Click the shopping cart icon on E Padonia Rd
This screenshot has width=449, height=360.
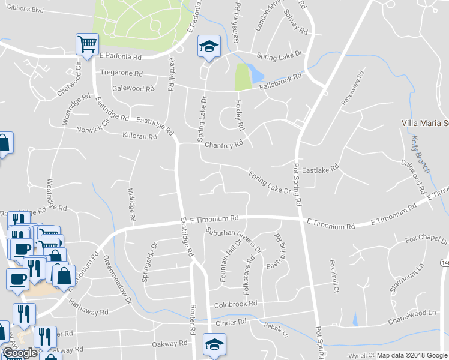pyautogui.click(x=87, y=44)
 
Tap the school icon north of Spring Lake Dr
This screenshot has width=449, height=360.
pyautogui.click(x=209, y=46)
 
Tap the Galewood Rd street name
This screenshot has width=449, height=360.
pyautogui.click(x=133, y=88)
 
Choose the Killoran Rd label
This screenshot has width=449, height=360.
pyautogui.click(x=139, y=136)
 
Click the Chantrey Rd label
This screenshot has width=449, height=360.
pyautogui.click(x=223, y=145)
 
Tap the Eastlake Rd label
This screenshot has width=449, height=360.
pyautogui.click(x=321, y=169)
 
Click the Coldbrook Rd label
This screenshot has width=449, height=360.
pyautogui.click(x=235, y=304)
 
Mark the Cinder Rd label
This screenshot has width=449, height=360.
pyautogui.click(x=232, y=322)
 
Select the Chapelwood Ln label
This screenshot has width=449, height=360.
pyautogui.click(x=412, y=313)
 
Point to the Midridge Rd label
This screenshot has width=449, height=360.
pyautogui.click(x=131, y=204)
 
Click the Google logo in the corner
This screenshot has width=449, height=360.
pyautogui.click(x=19, y=353)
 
